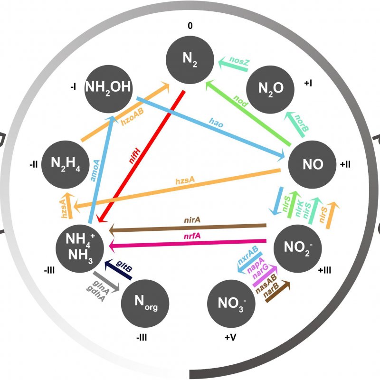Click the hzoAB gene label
coord(132,120)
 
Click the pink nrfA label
coord(192,236)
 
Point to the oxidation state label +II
coord(345,164)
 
